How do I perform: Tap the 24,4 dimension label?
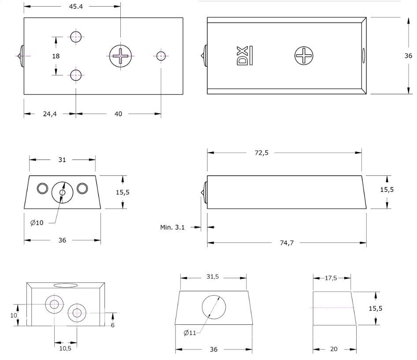coord(49,114)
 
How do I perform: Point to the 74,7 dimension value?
coord(287,243)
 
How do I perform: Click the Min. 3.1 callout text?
coord(172,227)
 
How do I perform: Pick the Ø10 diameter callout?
coord(37,223)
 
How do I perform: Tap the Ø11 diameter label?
coord(190,332)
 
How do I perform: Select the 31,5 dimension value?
coord(212,277)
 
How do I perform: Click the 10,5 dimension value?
coord(65,348)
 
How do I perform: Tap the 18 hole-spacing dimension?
coord(56,56)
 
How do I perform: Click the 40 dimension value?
coord(118,114)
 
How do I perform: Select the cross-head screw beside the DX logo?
coord(304,56)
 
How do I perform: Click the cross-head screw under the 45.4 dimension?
coord(120,56)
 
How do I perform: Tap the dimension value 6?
coord(113,325)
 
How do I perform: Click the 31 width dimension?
coord(62,160)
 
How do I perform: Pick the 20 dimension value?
coord(334,349)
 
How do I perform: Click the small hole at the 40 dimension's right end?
coord(160,56)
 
